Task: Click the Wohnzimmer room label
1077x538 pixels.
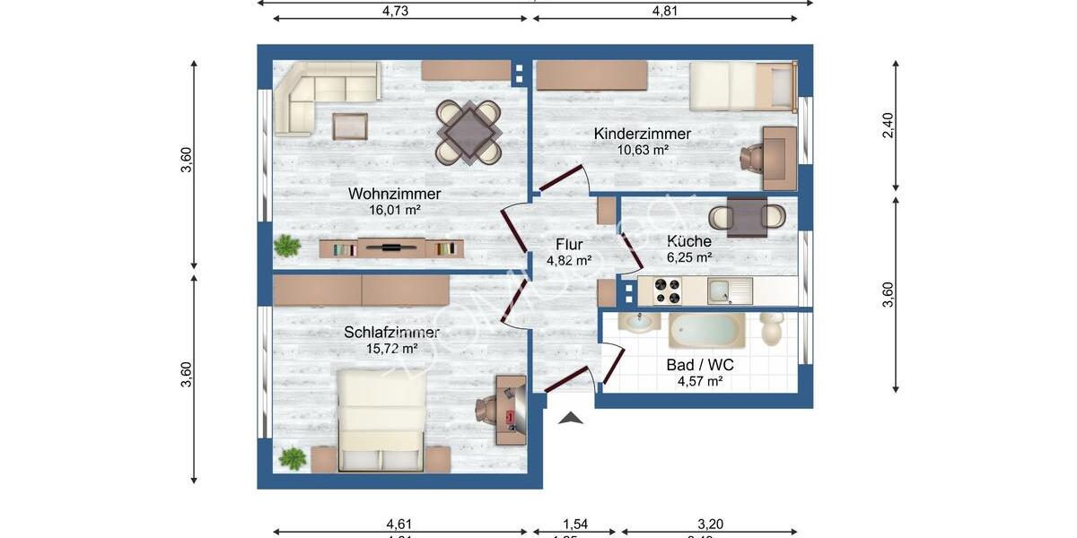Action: coord(394,194)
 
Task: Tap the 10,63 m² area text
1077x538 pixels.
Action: coord(642,150)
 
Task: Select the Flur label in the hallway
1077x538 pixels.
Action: coord(569,245)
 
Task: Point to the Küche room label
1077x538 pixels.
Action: coord(688,241)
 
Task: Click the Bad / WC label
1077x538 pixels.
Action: coord(701,365)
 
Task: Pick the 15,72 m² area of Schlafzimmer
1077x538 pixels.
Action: coord(391,348)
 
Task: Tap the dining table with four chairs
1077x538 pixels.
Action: coord(468,132)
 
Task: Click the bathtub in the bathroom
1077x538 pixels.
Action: coord(705,331)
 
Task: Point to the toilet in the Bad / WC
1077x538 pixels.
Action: coord(771,328)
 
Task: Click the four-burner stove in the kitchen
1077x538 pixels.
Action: coord(665,291)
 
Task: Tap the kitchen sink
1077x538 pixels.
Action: coord(722,291)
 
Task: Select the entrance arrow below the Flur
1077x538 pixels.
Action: coord(571,417)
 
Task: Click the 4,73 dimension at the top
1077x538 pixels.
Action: coord(395,11)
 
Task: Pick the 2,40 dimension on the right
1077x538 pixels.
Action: coord(888,125)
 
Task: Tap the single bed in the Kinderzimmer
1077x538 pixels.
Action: coord(742,85)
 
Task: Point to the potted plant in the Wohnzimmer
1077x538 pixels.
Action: coord(287,246)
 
